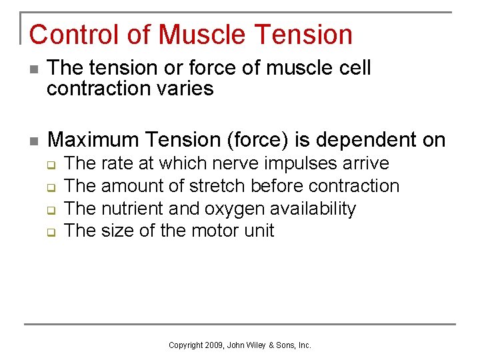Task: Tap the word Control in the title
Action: click(72, 35)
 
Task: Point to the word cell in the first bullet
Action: click(352, 68)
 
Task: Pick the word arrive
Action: click(366, 163)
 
